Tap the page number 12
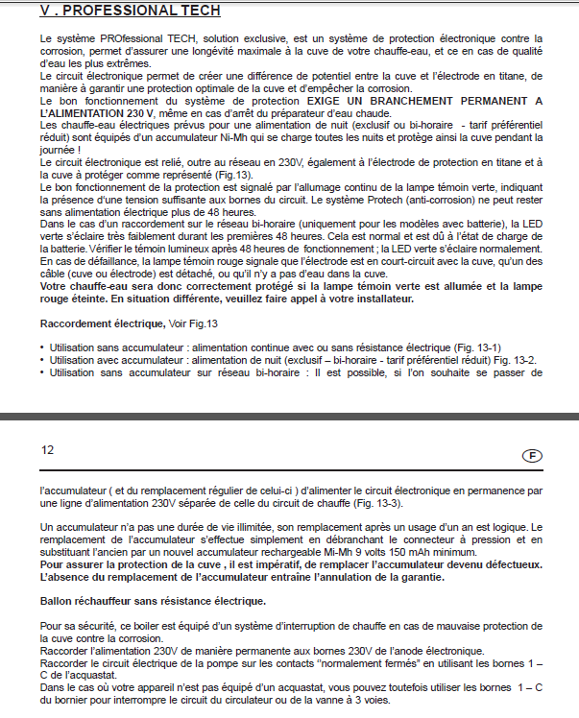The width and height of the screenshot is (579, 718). pos(48,448)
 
